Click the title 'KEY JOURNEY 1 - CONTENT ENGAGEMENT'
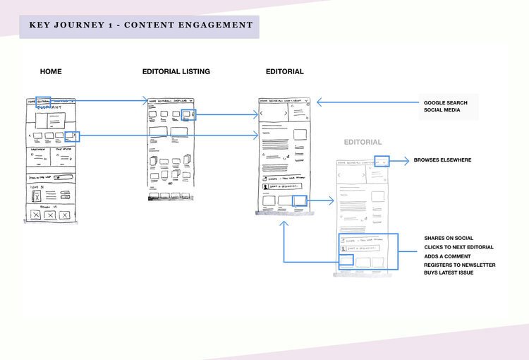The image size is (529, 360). point(140,25)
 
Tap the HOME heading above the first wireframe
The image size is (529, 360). point(51,71)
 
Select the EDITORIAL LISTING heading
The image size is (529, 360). point(176,71)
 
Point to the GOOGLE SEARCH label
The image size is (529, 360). point(446,103)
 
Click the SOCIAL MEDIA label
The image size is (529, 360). point(443,112)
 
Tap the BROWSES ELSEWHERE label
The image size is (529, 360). point(442,160)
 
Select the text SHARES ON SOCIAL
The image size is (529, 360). point(449,239)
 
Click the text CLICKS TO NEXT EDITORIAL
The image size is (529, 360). point(458,247)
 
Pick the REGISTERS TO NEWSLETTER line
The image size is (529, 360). point(459,265)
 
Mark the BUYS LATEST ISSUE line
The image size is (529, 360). point(449,273)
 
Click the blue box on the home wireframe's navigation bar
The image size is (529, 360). point(43,102)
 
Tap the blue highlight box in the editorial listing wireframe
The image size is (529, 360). point(188,114)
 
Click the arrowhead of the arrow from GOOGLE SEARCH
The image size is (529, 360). point(320,102)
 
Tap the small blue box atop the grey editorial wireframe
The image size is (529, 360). point(381,161)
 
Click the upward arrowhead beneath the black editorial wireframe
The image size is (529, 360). point(284,223)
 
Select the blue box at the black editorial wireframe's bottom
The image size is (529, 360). point(300,201)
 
